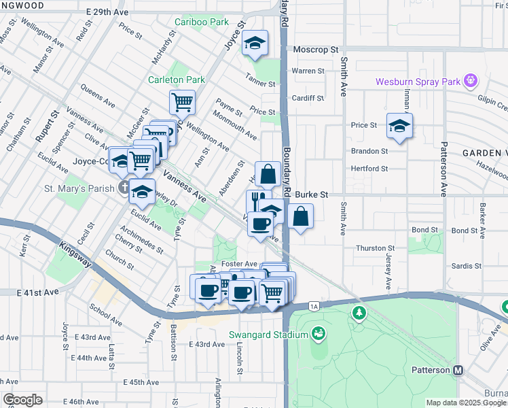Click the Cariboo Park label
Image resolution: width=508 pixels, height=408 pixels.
point(201,22)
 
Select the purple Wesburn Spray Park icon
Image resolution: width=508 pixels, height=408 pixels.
point(470,82)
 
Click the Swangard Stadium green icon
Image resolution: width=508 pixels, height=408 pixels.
point(318,333)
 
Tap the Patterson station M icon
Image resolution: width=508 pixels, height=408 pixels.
point(458,370)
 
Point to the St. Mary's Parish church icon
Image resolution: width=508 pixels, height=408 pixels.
point(123,187)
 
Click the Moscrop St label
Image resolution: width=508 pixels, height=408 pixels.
point(315,50)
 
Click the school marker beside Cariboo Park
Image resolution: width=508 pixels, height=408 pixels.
point(255,43)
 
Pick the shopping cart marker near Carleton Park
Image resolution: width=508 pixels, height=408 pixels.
point(182,103)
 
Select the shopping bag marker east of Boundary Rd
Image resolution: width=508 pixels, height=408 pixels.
point(300,216)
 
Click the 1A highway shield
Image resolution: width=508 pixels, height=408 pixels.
point(313,307)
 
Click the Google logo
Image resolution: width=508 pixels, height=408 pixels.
point(22,400)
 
